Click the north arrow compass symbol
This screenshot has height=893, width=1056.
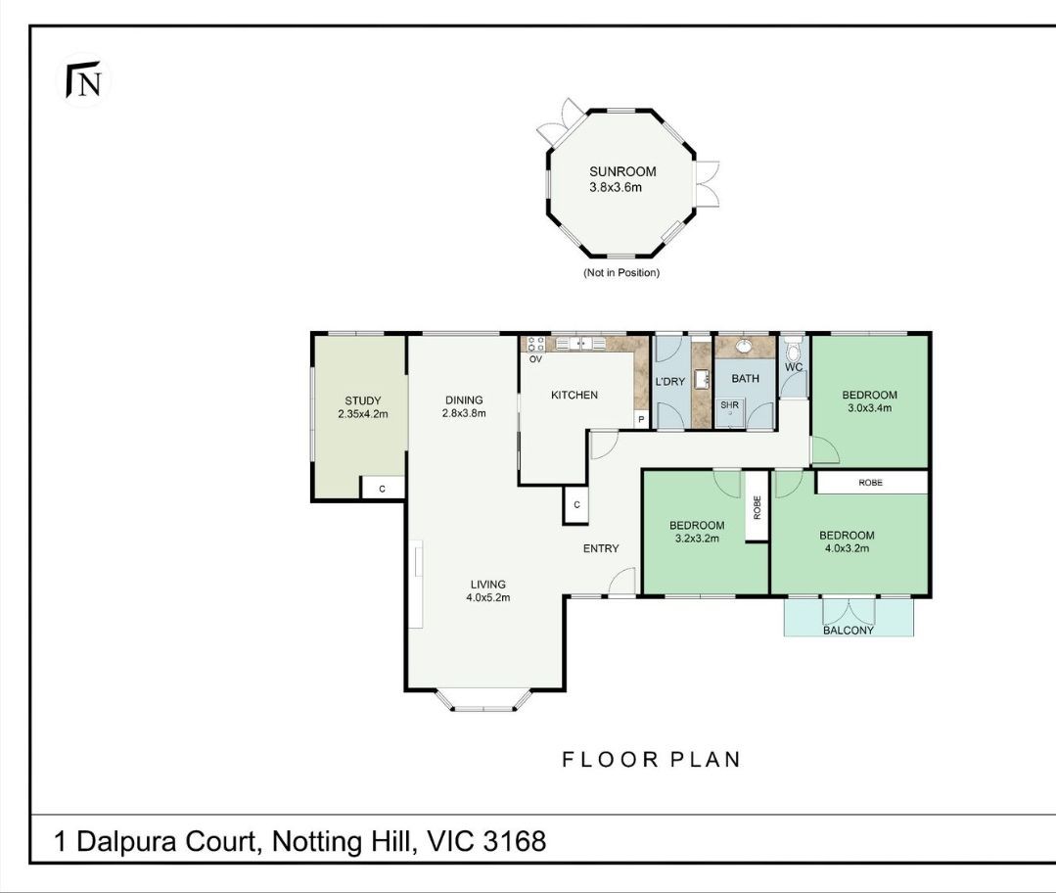pyautogui.click(x=83, y=79)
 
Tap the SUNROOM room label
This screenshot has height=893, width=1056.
pyautogui.click(x=622, y=172)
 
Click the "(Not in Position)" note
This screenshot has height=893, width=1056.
pyautogui.click(x=620, y=273)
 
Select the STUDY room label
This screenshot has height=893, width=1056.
pyautogui.click(x=363, y=401)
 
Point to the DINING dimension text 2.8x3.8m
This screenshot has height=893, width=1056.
pyautogui.click(x=464, y=414)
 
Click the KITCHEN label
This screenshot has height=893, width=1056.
pyautogui.click(x=574, y=395)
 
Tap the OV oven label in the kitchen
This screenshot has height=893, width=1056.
pyautogui.click(x=535, y=359)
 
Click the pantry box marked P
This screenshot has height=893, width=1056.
pyautogui.click(x=641, y=420)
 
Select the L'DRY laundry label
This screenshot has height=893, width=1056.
pyautogui.click(x=670, y=382)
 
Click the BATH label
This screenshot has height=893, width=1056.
pyautogui.click(x=746, y=379)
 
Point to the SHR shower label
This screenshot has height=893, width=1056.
pyautogui.click(x=729, y=405)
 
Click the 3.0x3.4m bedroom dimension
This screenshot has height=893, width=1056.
pyautogui.click(x=869, y=407)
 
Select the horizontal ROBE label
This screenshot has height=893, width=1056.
pyautogui.click(x=870, y=483)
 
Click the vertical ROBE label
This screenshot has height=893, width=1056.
pyautogui.click(x=757, y=507)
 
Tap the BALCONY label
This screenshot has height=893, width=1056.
pyautogui.click(x=849, y=631)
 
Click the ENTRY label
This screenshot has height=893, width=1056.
pyautogui.click(x=601, y=548)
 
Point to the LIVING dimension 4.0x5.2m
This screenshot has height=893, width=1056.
pyautogui.click(x=488, y=598)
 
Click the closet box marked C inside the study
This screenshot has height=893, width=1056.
pyautogui.click(x=383, y=488)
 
